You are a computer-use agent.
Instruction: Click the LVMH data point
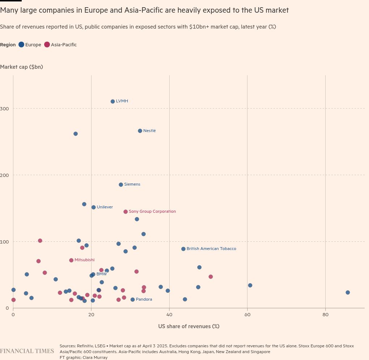click(x=113, y=101)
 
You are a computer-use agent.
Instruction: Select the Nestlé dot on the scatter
click(x=140, y=131)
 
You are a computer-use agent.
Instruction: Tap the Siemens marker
click(x=121, y=185)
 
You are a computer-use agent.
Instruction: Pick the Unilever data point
click(x=93, y=207)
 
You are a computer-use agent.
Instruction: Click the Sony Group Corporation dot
click(x=126, y=212)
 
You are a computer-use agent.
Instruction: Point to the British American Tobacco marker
click(x=183, y=249)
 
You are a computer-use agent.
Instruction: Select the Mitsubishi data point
click(x=71, y=260)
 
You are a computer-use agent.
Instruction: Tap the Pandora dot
click(x=132, y=300)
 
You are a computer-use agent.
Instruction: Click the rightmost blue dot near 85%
click(x=348, y=292)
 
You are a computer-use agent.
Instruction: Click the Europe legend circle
click(x=22, y=45)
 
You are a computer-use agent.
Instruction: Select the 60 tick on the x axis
click(x=247, y=315)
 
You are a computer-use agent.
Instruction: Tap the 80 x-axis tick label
click(x=325, y=315)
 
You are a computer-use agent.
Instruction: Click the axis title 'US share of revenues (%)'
click(x=188, y=326)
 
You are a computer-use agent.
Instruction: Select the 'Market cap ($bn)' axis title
click(x=21, y=67)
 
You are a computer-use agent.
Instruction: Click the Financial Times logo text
click(x=27, y=351)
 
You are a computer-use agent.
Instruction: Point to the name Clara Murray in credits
click(x=97, y=357)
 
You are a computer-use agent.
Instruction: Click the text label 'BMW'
click(x=101, y=274)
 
